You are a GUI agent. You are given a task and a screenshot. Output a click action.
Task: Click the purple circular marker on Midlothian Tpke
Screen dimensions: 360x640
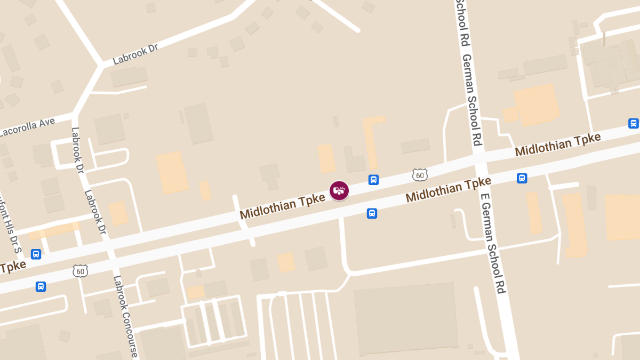click(x=339, y=190)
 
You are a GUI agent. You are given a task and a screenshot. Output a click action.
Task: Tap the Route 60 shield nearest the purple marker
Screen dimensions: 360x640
click(x=420, y=174)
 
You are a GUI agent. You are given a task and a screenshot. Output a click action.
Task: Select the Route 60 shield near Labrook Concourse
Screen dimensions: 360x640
click(x=80, y=271)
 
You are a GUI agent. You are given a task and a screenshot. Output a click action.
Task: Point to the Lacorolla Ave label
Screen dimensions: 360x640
click(x=27, y=126)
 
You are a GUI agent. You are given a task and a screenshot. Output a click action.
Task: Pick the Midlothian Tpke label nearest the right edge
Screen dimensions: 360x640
click(x=557, y=145)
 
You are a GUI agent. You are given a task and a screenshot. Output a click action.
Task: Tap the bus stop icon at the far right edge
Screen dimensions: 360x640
click(x=633, y=123)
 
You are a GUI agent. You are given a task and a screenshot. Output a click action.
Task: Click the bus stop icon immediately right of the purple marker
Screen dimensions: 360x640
click(x=373, y=180)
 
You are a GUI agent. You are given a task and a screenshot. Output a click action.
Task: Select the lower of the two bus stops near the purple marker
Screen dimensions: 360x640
click(x=372, y=213)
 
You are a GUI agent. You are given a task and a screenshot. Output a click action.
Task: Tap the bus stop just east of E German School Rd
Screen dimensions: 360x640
click(x=522, y=178)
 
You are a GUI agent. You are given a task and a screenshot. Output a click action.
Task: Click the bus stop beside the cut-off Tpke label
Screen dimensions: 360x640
click(x=36, y=254)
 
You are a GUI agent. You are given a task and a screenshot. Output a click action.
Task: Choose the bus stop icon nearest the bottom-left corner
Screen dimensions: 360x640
click(x=41, y=286)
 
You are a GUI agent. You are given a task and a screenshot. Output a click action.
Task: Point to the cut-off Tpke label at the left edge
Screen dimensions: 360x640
click(x=12, y=266)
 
